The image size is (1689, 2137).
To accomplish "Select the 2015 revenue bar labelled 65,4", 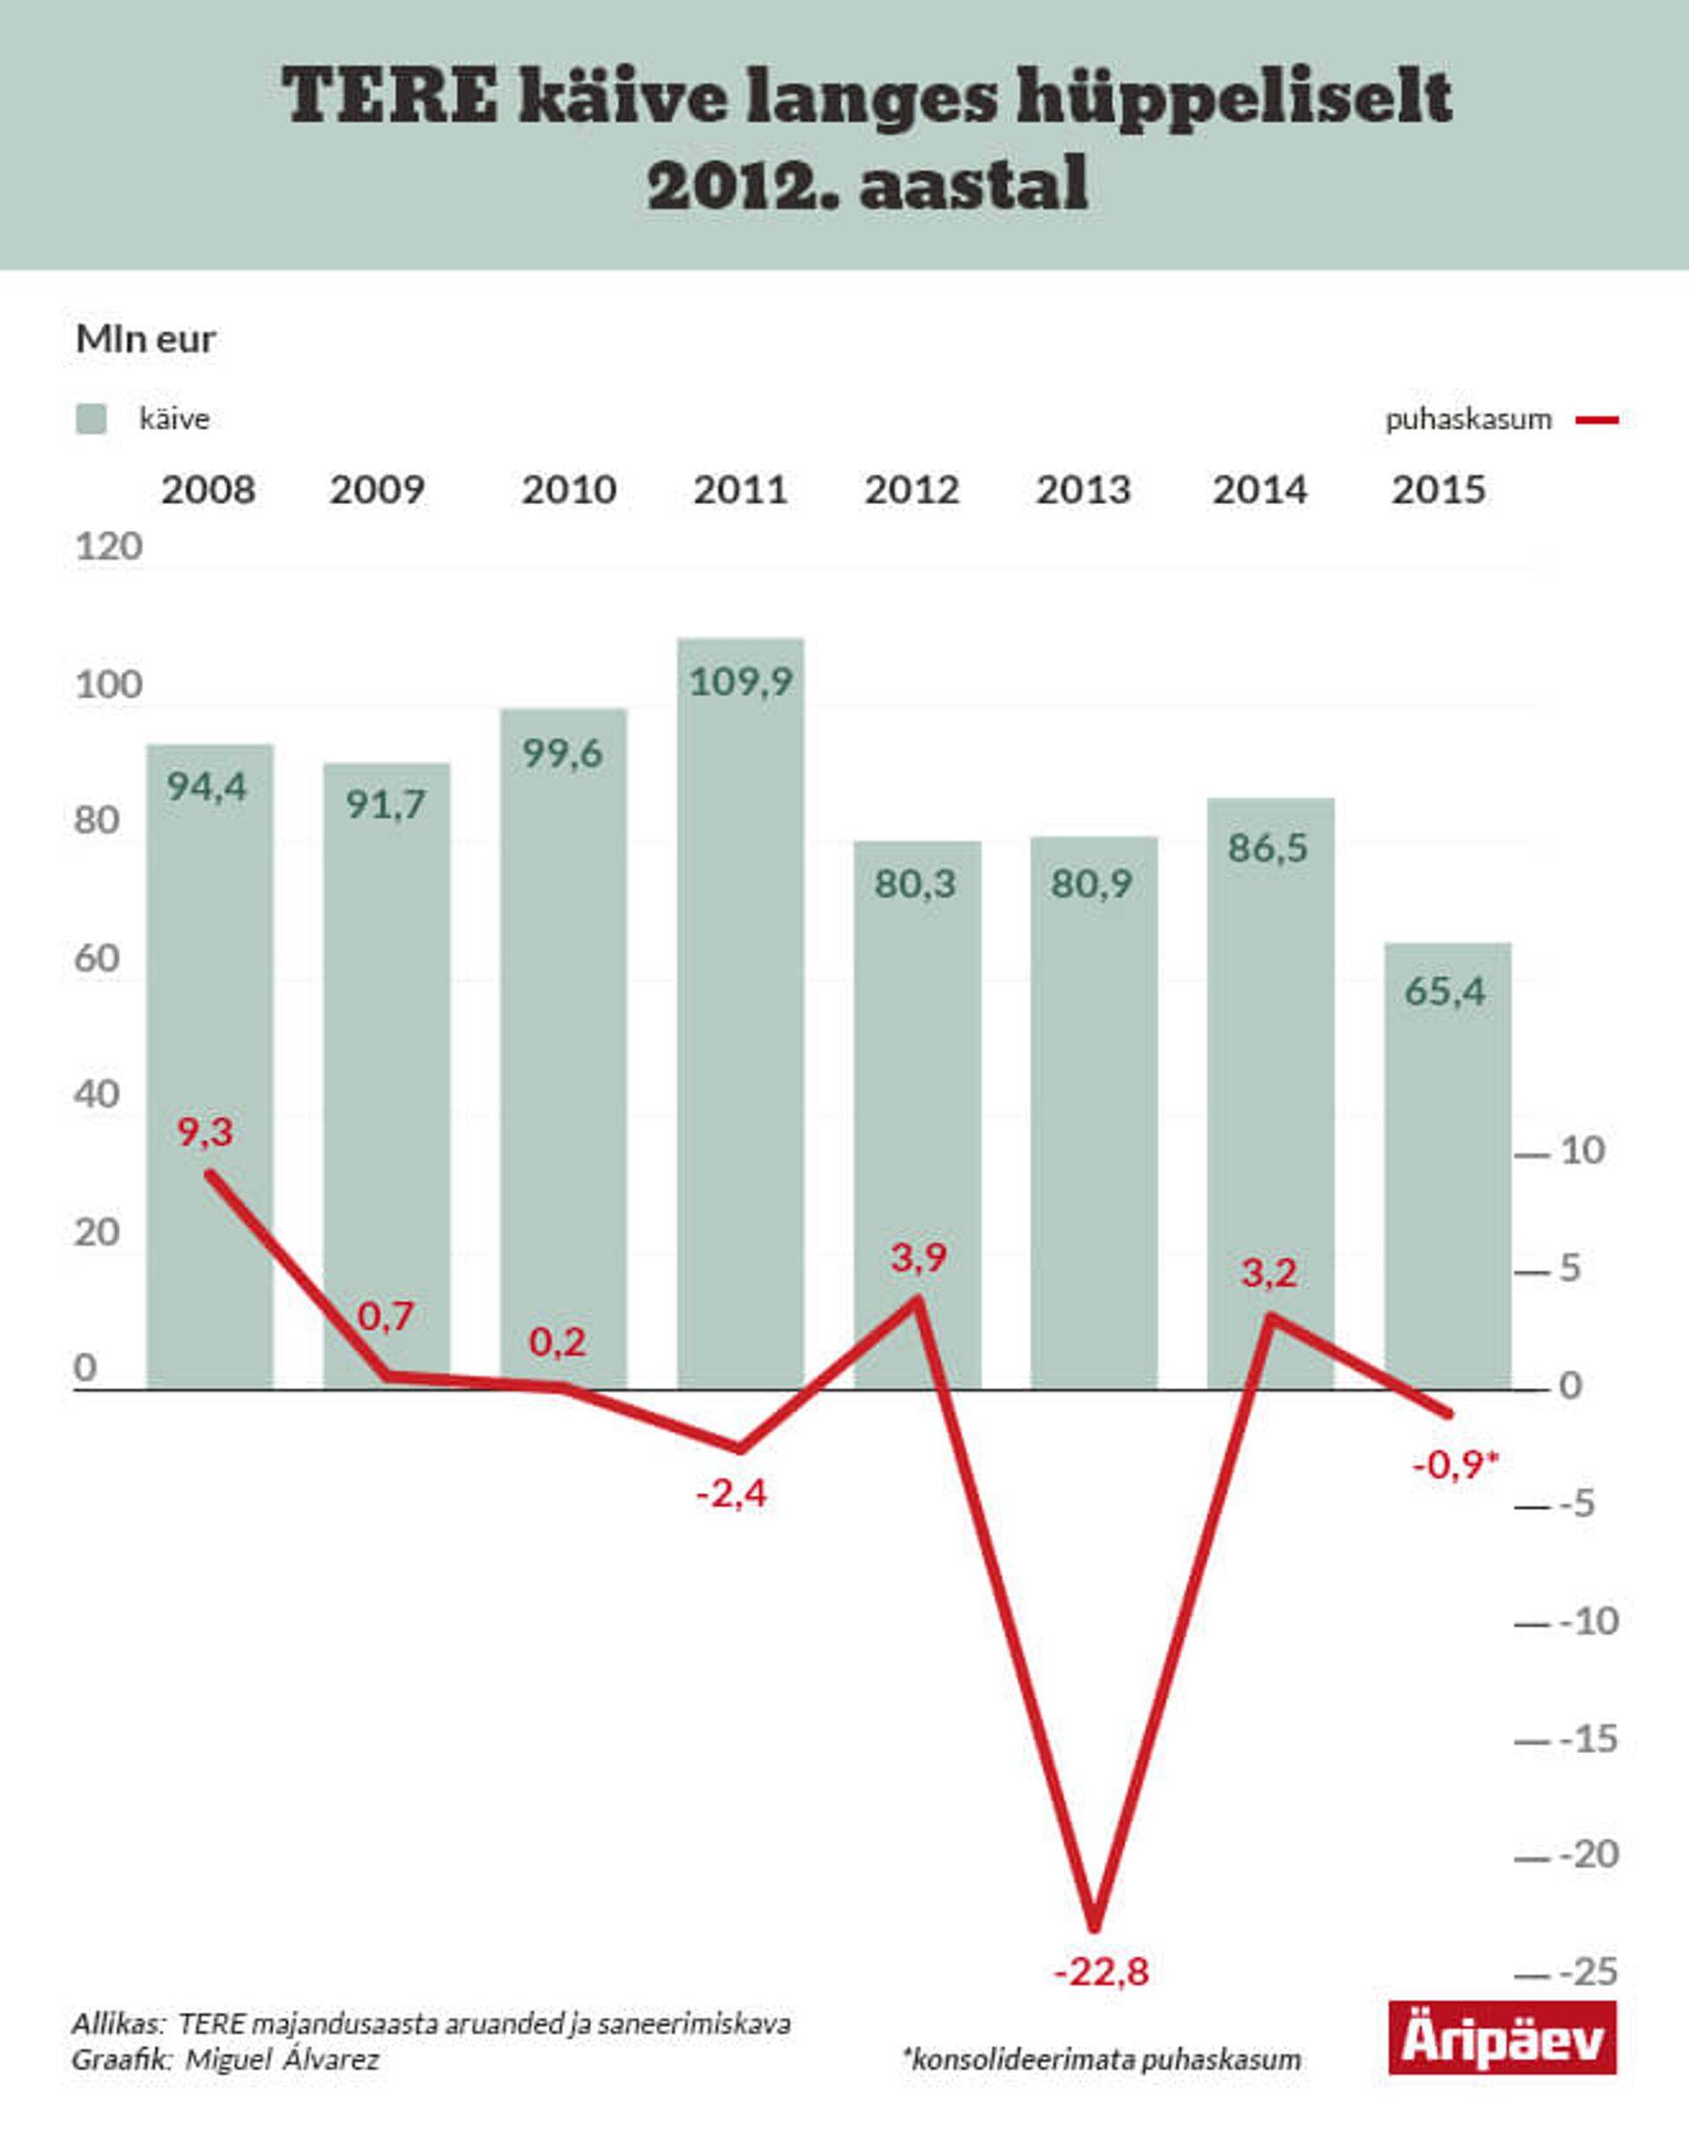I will pyautogui.click(x=1447, y=1167).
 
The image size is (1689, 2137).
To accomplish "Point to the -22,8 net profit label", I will pyautogui.click(x=1100, y=1972).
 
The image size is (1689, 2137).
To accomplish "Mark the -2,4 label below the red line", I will pyautogui.click(x=732, y=1493).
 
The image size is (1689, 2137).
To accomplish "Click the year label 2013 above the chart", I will pyautogui.click(x=1083, y=489).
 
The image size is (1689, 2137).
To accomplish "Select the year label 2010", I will pyautogui.click(x=568, y=489).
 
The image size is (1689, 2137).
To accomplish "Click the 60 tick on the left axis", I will pyautogui.click(x=96, y=957).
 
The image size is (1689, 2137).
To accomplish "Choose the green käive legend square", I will pyautogui.click(x=91, y=420).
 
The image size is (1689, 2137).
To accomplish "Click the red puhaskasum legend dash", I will pyautogui.click(x=1597, y=421).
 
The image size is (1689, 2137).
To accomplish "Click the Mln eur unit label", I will pyautogui.click(x=145, y=340).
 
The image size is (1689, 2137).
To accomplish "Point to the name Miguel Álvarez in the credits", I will pyautogui.click(x=282, y=2060).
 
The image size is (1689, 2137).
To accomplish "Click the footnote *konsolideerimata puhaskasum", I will pyautogui.click(x=1101, y=2060).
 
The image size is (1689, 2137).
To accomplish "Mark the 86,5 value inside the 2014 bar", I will pyautogui.click(x=1268, y=847).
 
